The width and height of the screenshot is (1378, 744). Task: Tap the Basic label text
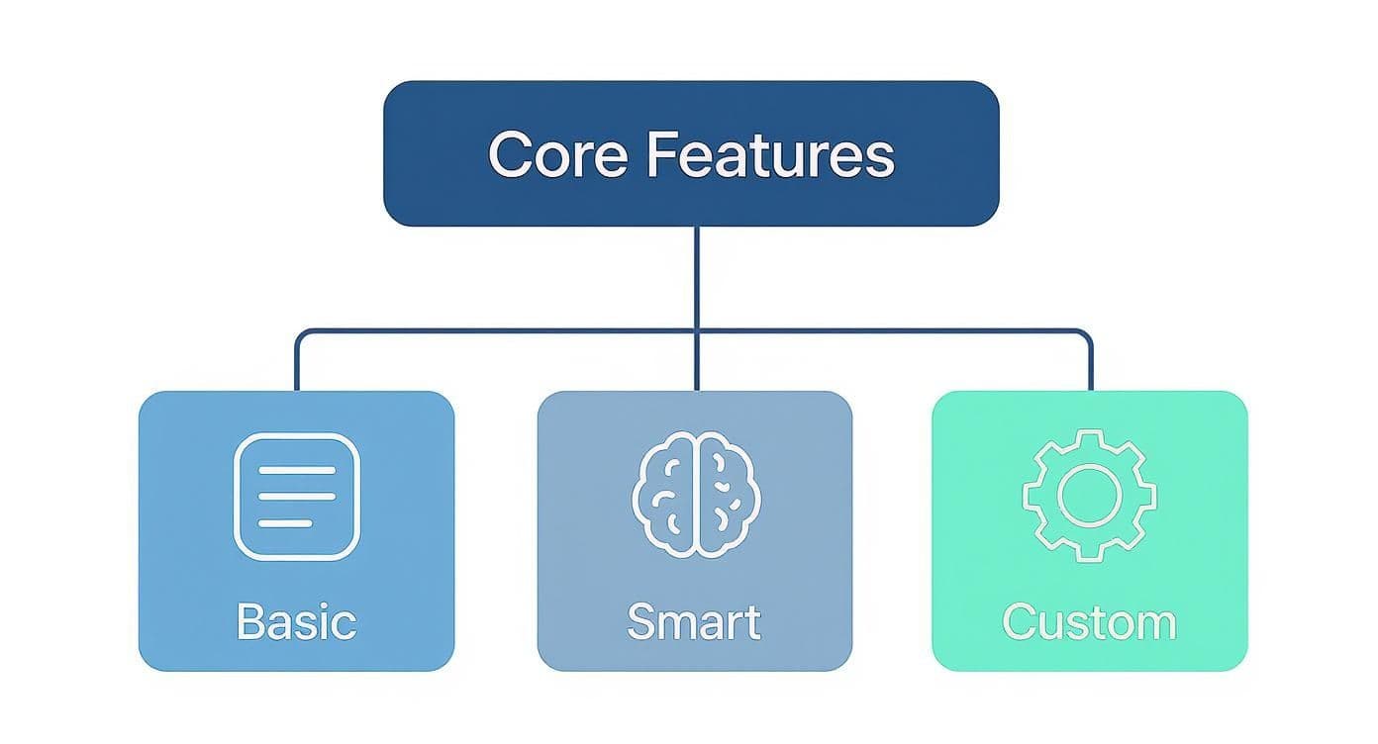296,622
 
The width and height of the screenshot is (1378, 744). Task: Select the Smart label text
694,622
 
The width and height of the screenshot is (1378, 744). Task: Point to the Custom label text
1089,622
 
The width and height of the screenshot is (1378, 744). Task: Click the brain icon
694,494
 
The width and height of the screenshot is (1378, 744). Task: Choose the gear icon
1089,494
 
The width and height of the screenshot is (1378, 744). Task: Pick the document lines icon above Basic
296,496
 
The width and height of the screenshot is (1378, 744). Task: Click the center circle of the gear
1089,495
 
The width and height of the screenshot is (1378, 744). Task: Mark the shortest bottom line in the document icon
284,522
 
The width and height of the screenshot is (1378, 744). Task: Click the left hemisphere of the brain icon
665,494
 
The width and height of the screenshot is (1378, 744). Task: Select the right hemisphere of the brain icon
724,494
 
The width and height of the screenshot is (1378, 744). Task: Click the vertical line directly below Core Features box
696,277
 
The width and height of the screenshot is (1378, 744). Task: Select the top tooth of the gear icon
1089,438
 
